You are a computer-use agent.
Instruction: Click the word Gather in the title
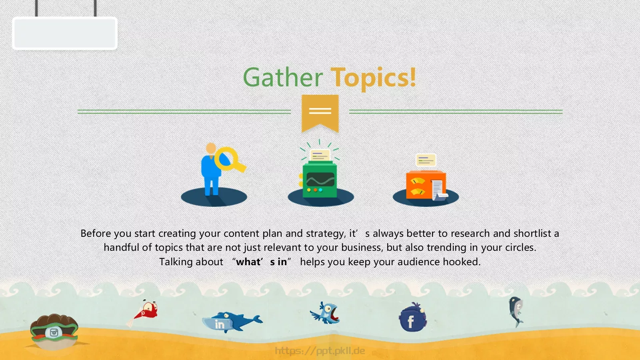pyautogui.click(x=283, y=77)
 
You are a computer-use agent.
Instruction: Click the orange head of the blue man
pyautogui.click(x=211, y=148)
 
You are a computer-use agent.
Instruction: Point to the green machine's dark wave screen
pyautogui.click(x=320, y=180)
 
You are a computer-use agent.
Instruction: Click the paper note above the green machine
pyautogui.click(x=320, y=156)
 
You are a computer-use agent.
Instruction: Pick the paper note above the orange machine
pyautogui.click(x=426, y=160)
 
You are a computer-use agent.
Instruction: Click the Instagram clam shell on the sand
pyautogui.click(x=54, y=331)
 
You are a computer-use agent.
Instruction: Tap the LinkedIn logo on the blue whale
pyautogui.click(x=220, y=324)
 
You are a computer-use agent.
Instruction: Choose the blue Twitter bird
pyautogui.click(x=326, y=313)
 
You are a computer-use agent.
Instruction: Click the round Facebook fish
pyautogui.click(x=412, y=318)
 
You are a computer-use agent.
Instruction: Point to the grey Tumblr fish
pyautogui.click(x=516, y=312)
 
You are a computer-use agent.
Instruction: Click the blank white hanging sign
pyautogui.click(x=64, y=33)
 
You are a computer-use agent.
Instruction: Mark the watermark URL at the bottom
pyautogui.click(x=320, y=350)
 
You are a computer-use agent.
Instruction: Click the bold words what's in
pyautogui.click(x=262, y=262)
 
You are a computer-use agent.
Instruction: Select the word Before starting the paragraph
pyautogui.click(x=96, y=234)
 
